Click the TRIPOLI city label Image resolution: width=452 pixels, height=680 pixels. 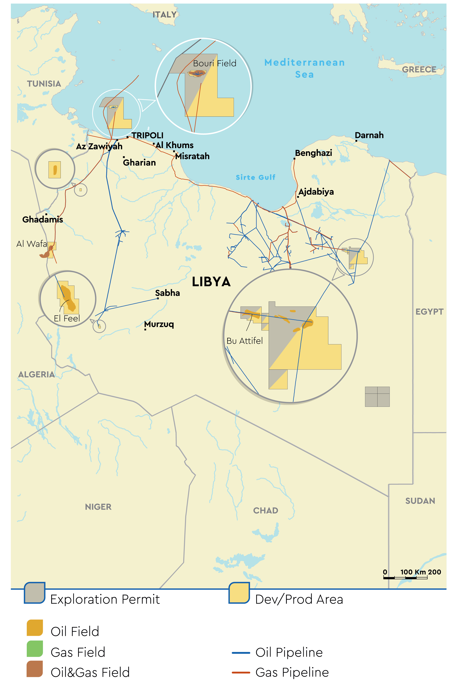[147, 135]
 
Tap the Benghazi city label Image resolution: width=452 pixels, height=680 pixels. [313, 153]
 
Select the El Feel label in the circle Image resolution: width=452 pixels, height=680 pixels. [67, 318]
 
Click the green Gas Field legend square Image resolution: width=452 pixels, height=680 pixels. [35, 649]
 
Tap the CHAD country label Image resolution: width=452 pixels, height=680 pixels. [265, 511]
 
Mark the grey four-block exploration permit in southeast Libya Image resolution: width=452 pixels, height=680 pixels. [377, 397]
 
